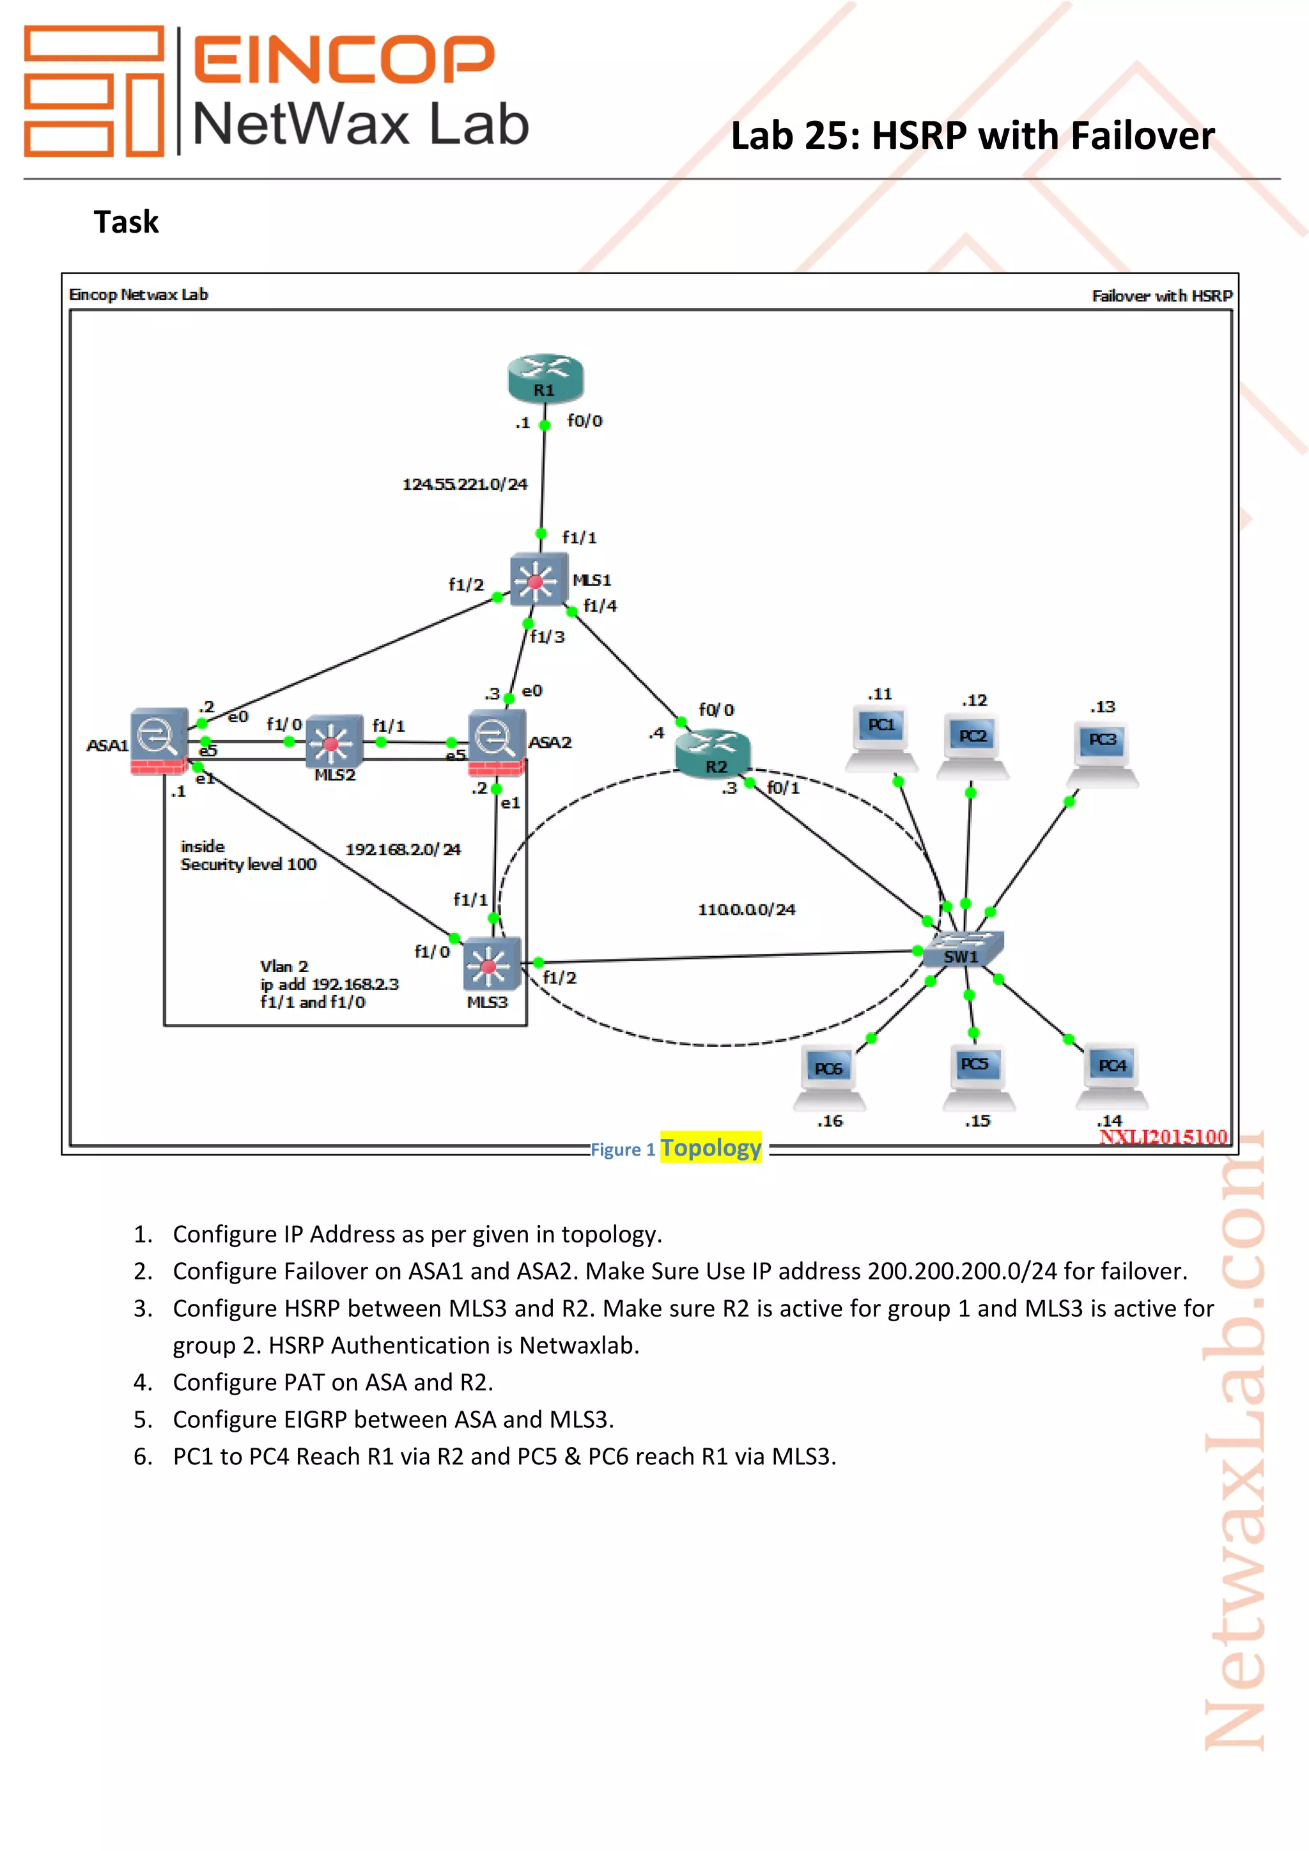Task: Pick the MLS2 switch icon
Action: (x=333, y=740)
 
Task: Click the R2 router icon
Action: (x=713, y=753)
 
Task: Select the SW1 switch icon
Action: (x=963, y=949)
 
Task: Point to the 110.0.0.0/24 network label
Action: (x=747, y=910)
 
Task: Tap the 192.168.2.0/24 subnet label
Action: (x=403, y=849)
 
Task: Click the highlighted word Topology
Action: (x=710, y=1147)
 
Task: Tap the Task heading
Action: (x=127, y=222)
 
